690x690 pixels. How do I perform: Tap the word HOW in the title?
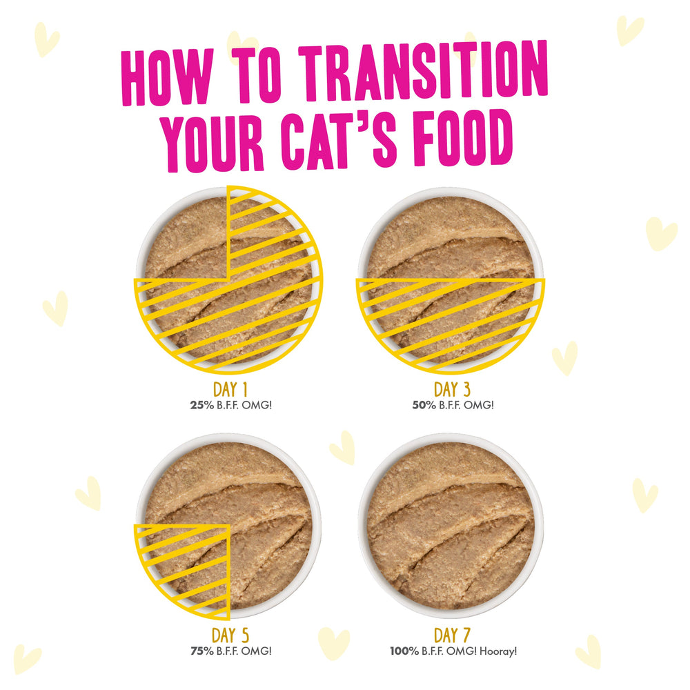[x=167, y=77]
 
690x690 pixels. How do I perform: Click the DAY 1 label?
[x=230, y=389]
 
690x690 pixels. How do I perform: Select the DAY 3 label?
[x=452, y=389]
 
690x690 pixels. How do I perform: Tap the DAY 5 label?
[x=230, y=635]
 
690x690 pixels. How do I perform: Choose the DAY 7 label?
[x=452, y=635]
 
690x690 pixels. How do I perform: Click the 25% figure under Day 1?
[x=202, y=405]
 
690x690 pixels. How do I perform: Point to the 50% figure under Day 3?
[x=424, y=405]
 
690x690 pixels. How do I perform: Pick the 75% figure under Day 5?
[x=202, y=651]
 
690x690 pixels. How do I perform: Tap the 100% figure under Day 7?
[x=404, y=651]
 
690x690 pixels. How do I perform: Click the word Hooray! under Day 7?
[x=498, y=651]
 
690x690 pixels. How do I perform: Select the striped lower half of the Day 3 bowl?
[x=451, y=324]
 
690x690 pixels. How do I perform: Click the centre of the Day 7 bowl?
[x=451, y=525]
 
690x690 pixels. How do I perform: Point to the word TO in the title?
[x=256, y=74]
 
